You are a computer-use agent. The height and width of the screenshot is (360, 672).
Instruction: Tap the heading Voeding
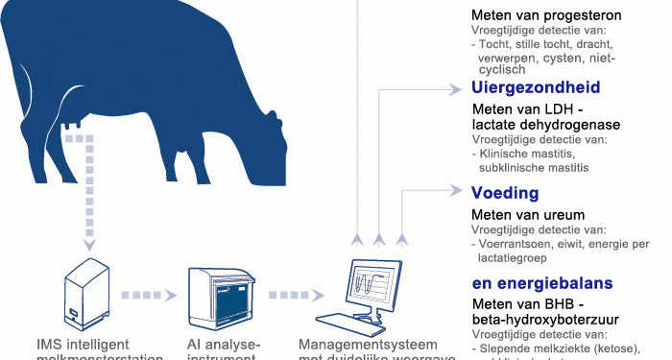tap(504, 194)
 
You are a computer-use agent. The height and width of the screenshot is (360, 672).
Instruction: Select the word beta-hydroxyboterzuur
tap(544, 319)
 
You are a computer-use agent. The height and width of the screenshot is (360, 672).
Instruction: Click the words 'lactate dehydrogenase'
tap(545, 125)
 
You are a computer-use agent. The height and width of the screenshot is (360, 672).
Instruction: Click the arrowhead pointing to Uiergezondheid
tap(456, 89)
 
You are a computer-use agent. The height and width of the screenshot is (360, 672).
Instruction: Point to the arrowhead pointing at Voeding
tap(456, 190)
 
